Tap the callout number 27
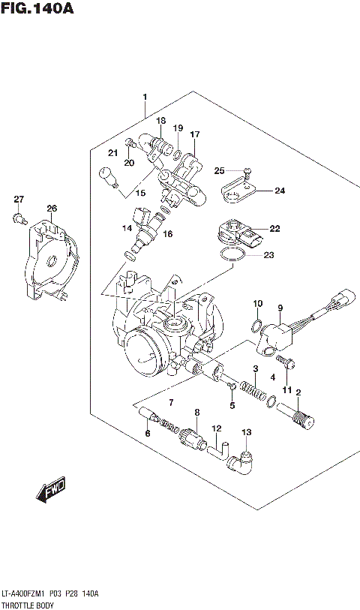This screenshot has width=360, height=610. click(x=19, y=199)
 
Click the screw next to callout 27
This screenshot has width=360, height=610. click(x=17, y=218)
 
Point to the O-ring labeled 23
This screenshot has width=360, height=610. click(x=232, y=257)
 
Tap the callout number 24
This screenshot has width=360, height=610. click(x=280, y=191)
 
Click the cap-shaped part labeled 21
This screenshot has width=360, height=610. click(x=109, y=179)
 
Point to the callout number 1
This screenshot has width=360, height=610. click(x=145, y=97)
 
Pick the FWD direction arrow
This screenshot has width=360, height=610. click(x=51, y=491)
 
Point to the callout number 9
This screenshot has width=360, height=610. click(x=280, y=308)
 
